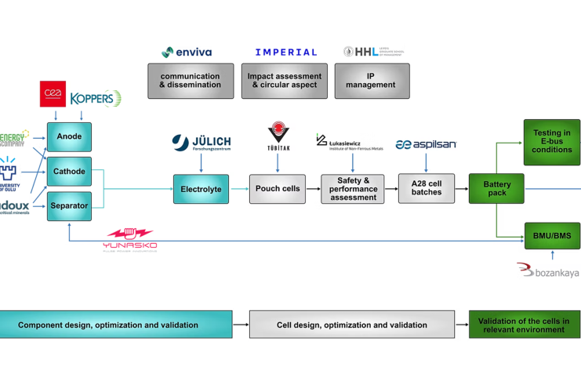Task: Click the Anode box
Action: (x=69, y=137)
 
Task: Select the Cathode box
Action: (x=69, y=172)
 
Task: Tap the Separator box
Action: (x=69, y=206)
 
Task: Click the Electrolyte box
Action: (x=201, y=189)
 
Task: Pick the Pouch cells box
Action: (x=278, y=189)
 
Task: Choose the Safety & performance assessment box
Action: (x=352, y=189)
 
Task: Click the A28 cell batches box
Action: (x=426, y=189)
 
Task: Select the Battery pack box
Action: (x=496, y=189)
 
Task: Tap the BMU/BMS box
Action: (x=552, y=235)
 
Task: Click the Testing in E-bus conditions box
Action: (x=552, y=142)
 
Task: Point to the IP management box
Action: (x=372, y=81)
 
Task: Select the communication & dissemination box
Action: (x=191, y=81)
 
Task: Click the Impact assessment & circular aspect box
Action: (x=284, y=81)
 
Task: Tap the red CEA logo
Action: (x=53, y=94)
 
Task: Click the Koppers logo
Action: (x=96, y=99)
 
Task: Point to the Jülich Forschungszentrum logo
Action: (x=202, y=143)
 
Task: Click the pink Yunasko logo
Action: (x=130, y=239)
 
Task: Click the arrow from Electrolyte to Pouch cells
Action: (x=239, y=189)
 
